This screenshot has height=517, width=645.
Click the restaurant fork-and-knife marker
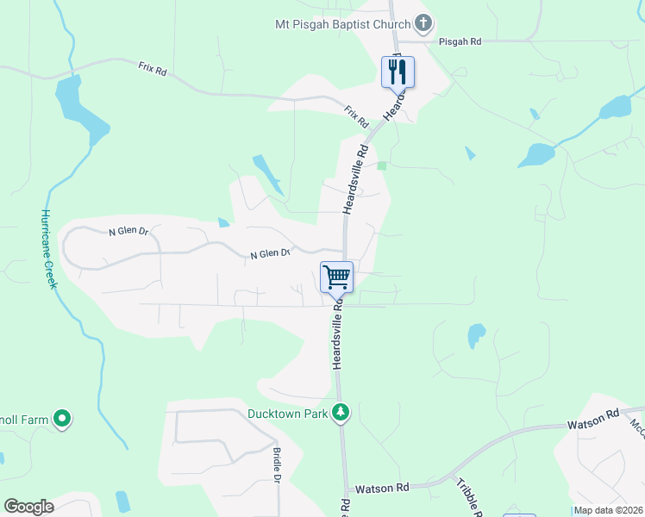(398, 71)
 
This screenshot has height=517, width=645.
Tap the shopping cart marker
(336, 277)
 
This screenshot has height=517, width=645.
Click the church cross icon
(423, 22)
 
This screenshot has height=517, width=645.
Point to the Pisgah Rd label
(460, 40)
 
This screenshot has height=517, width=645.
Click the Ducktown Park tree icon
(341, 413)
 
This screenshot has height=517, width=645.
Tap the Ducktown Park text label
(287, 414)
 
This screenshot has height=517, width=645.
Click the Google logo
(28, 507)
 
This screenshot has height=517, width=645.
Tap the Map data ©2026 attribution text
(608, 510)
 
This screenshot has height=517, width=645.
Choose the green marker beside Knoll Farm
(62, 420)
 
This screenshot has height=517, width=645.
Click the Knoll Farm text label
(23, 420)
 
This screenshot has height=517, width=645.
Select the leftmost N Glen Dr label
(128, 232)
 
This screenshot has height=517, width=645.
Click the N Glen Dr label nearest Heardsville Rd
(270, 254)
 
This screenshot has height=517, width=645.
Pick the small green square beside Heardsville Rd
(382, 165)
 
